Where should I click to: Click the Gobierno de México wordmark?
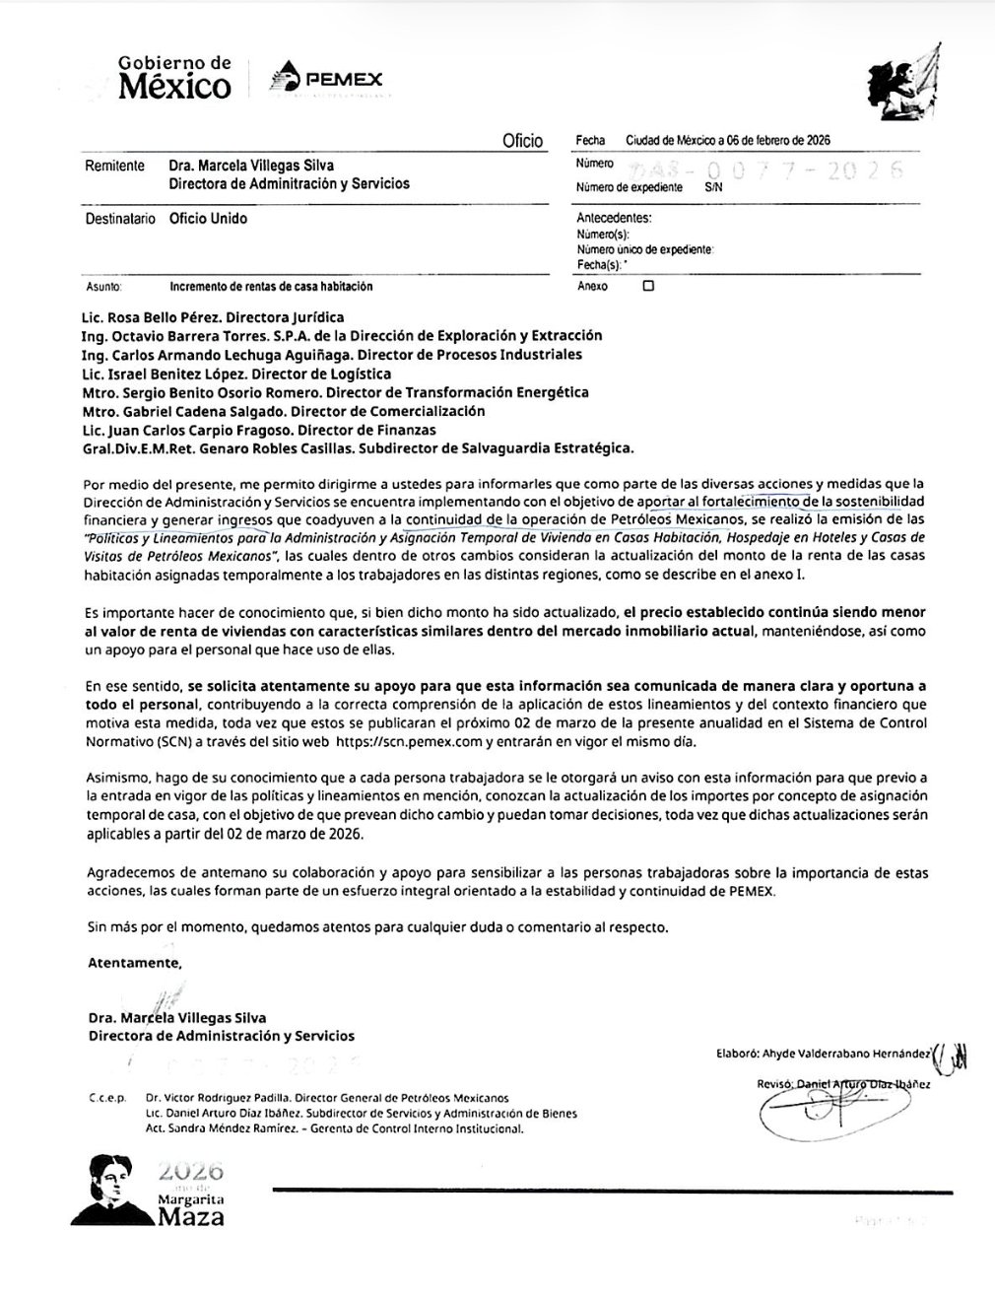click(174, 78)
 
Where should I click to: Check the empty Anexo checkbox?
click(647, 287)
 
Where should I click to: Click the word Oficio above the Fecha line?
click(522, 141)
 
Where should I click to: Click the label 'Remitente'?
click(115, 167)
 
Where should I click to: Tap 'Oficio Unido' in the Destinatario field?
click(208, 219)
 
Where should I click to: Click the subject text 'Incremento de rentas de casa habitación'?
click(271, 287)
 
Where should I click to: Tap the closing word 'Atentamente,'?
click(135, 961)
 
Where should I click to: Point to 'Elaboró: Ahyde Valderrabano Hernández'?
click(824, 1053)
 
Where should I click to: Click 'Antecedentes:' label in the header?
click(614, 219)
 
